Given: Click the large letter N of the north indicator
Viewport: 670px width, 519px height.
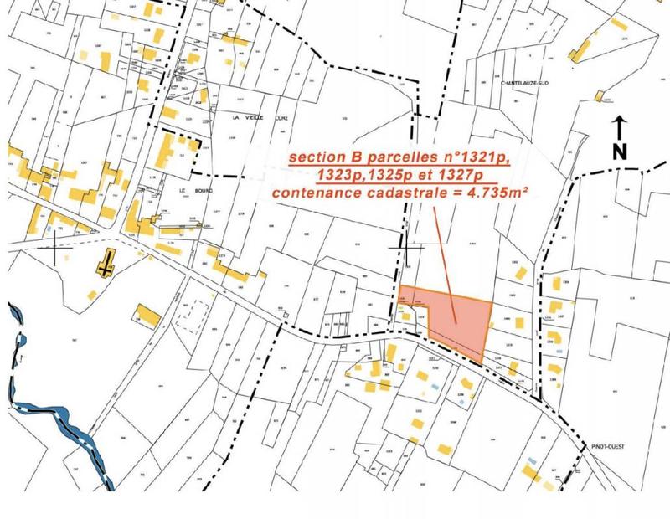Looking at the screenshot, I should [x=620, y=152].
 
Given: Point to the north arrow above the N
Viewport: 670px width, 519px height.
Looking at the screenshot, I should [x=620, y=128].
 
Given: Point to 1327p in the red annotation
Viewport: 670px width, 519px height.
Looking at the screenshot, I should [x=465, y=175].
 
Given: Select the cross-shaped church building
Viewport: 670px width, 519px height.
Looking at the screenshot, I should [x=105, y=263].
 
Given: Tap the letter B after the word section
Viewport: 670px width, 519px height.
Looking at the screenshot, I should [x=351, y=157].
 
